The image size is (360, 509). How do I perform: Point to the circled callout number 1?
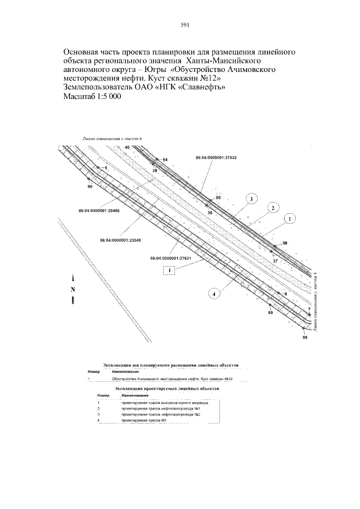tap(290, 218)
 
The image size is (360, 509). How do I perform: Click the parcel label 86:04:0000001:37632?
tap(215, 157)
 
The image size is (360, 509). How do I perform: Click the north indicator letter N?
tap(73, 290)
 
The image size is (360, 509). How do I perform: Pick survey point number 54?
tap(165, 160)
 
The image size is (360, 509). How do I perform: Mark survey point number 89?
tap(271, 312)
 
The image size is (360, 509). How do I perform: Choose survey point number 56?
tap(285, 242)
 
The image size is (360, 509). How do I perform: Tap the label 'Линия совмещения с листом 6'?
tap(109, 138)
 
